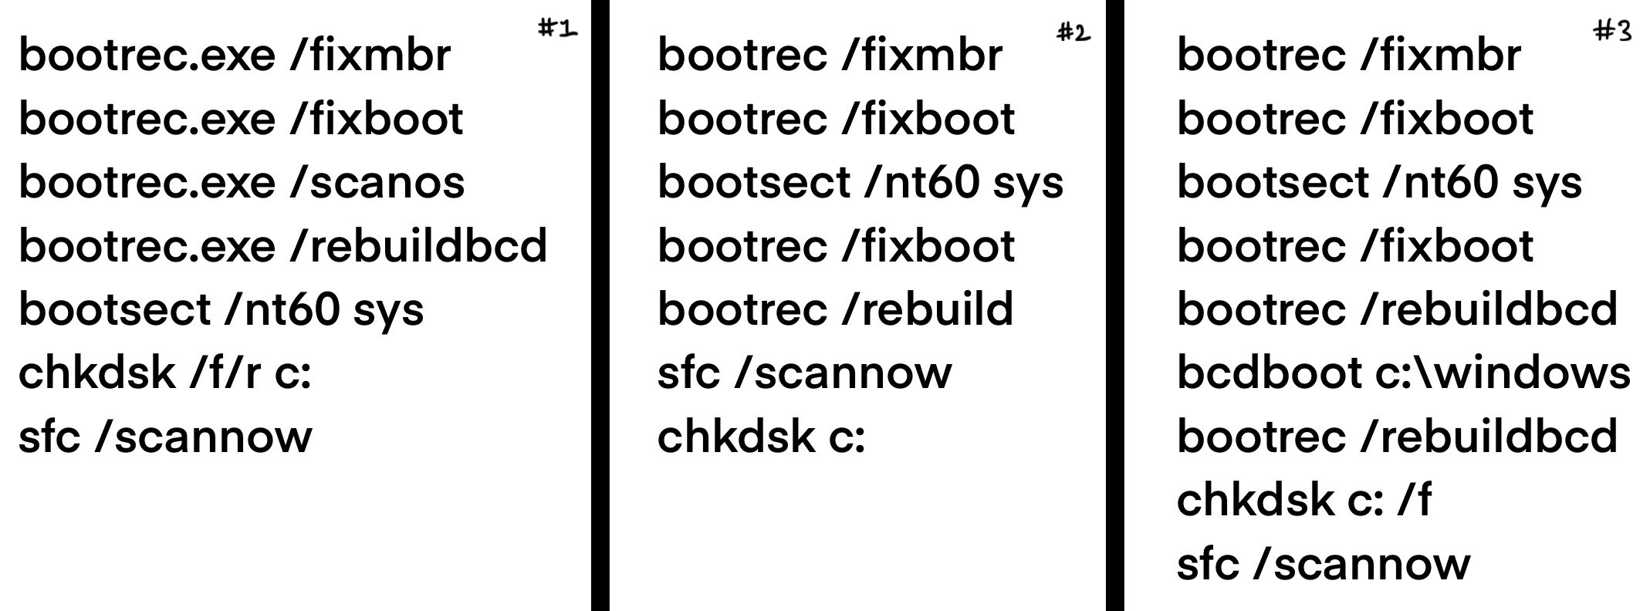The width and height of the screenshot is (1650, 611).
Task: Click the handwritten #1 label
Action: point(556,29)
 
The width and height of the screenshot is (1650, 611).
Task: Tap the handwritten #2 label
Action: point(1073,32)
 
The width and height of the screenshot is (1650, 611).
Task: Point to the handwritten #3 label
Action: point(1612,31)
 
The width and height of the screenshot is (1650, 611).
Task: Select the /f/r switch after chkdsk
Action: point(225,373)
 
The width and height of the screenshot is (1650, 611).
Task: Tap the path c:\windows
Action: point(1503,373)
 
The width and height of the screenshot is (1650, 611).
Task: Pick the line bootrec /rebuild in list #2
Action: point(835,309)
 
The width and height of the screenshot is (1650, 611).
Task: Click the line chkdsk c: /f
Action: point(1303,500)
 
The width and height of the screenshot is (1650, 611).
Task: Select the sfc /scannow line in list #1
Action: point(165,437)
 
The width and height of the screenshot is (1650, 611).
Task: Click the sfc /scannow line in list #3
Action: point(1323,564)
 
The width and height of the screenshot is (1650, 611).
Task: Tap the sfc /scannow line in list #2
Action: point(804,373)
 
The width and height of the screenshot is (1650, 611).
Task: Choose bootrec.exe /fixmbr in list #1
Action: point(235,56)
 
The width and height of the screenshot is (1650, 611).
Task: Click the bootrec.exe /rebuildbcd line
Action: point(282,246)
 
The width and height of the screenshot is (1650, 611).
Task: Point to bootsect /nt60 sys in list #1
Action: point(221,309)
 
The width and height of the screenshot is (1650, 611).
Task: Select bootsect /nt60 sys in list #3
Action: point(1379,183)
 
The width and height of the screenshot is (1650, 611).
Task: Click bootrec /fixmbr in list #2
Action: point(830,56)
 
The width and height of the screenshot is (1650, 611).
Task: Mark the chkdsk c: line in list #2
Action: point(761,437)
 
